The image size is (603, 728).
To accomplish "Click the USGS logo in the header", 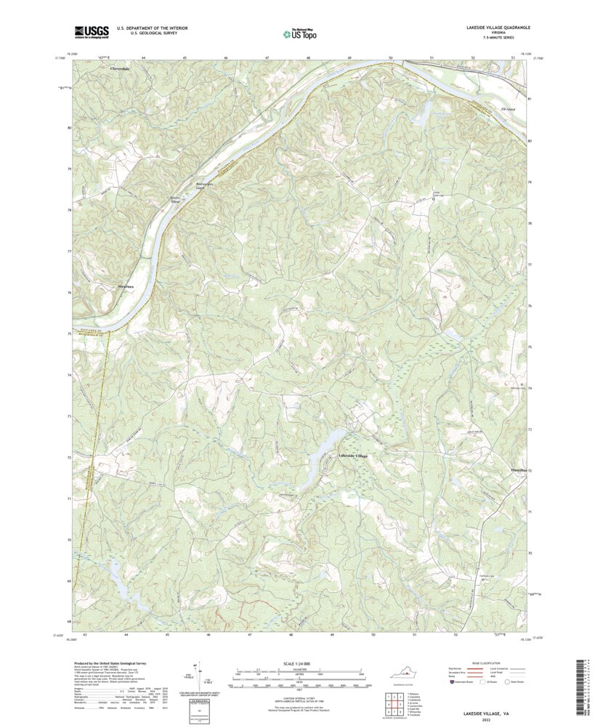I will (92, 31).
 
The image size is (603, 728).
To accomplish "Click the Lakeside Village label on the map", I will (354, 456).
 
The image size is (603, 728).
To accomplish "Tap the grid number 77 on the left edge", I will (70, 251).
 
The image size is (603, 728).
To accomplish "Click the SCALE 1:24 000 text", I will (301, 663).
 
